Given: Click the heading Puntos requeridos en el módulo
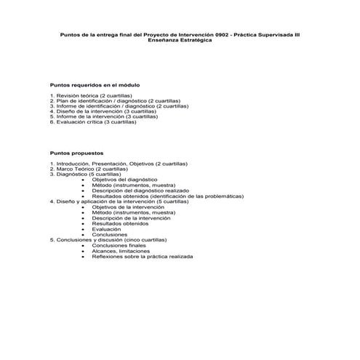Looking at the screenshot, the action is (x=95, y=85).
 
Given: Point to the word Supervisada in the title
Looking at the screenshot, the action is (x=276, y=34).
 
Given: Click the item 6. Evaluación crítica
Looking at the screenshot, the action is (x=93, y=121).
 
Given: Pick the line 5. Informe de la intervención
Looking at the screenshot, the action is (x=100, y=116).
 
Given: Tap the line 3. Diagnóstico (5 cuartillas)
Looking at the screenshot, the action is (x=85, y=174).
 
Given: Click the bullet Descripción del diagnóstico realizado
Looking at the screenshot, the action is (x=140, y=190).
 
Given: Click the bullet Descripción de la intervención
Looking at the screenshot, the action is (x=131, y=217).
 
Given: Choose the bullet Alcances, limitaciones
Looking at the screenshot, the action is (x=121, y=250).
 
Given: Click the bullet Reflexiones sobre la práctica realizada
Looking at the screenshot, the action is (x=142, y=256).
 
